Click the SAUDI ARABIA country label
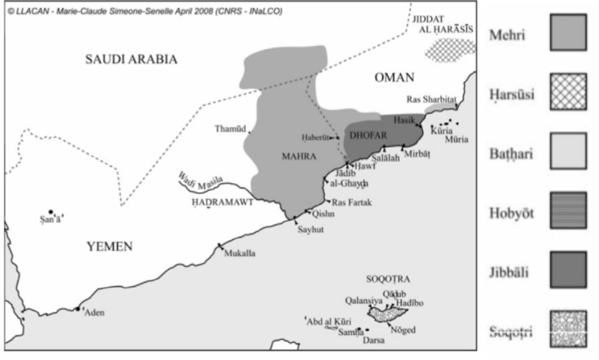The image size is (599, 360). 131,59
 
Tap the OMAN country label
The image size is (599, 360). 394,78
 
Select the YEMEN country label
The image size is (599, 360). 109,247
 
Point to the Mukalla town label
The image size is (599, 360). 240,253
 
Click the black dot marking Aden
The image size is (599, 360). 78,309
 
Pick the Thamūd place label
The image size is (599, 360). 230,129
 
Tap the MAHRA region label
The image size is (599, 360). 299,157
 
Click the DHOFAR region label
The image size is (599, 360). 368,136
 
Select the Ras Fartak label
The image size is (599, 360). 352,202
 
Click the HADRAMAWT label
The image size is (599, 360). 222,202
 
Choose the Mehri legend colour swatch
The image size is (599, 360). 568,33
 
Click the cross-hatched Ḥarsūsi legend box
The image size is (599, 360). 568,92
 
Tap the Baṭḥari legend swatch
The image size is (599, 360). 568,151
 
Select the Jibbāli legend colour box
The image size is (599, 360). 568,270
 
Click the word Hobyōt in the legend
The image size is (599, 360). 511,213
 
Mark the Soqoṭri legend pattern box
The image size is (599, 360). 568,329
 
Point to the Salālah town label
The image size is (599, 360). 385,158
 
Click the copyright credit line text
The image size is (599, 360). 145,12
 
